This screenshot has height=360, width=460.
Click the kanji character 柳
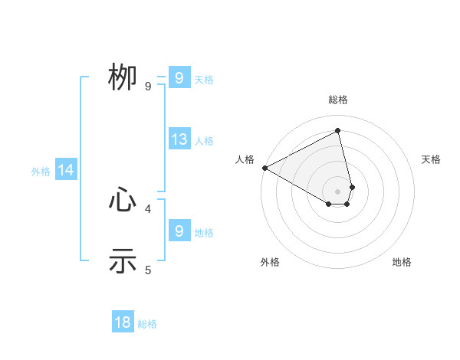[123, 77]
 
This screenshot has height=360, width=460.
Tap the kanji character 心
[123, 201]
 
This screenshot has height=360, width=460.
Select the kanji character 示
[123, 260]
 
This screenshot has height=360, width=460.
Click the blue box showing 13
[179, 139]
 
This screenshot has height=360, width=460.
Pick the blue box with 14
[66, 171]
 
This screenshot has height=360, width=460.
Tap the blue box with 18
[123, 322]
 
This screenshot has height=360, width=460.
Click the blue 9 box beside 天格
[179, 78]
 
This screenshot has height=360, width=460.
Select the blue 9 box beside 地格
[179, 231]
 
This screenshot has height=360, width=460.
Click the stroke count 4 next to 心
[148, 208]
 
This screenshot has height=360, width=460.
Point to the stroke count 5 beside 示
[148, 270]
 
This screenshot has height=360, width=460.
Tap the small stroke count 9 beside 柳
[148, 87]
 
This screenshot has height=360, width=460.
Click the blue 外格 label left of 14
[41, 172]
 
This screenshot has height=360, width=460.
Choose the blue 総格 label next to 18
[147, 324]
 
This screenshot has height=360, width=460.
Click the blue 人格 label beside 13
[204, 141]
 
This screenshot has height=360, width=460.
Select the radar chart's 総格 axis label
[338, 100]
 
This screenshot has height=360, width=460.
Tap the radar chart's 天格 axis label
[431, 159]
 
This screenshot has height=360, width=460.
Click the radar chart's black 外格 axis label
[270, 262]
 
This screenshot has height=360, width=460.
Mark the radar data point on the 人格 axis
[264, 168]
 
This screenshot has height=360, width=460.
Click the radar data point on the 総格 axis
[338, 131]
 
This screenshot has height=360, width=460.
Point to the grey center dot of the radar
[338, 191]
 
